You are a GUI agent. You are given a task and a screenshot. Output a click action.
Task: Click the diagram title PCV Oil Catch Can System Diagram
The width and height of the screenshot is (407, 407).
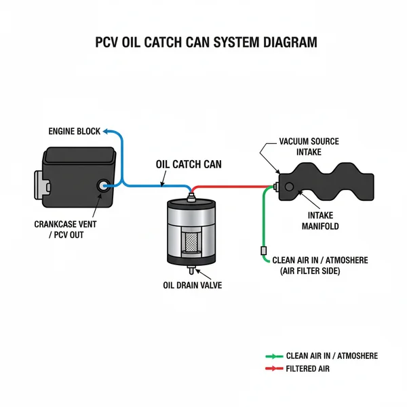(204, 42)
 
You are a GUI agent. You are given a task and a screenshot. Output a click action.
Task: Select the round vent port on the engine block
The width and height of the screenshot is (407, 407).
(104, 185)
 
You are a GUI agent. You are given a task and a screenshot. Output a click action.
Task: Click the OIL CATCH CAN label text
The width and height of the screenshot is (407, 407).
(189, 163)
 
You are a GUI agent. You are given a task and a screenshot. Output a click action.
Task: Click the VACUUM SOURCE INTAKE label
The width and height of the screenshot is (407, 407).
(309, 147)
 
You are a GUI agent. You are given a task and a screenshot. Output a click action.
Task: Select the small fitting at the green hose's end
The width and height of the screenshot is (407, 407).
(263, 252)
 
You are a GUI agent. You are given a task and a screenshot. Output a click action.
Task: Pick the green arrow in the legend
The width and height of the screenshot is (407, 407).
(273, 356)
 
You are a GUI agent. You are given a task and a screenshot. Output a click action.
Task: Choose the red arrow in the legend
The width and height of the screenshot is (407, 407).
(273, 368)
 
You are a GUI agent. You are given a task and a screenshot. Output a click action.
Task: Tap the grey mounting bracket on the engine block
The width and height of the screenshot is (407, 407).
(39, 185)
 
